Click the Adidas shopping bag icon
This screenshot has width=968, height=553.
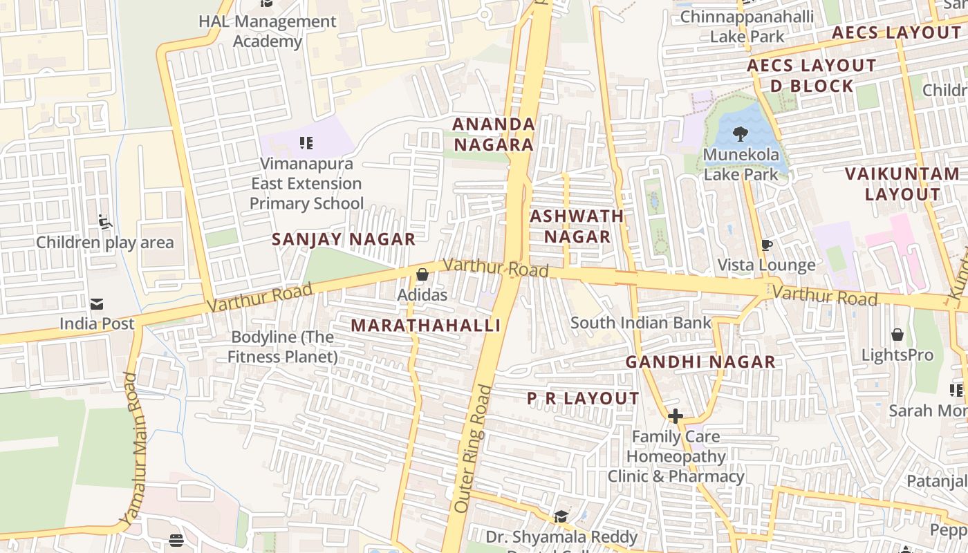click(x=422, y=275)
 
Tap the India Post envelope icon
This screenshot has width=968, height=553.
click(x=97, y=304)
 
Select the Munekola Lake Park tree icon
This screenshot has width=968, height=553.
click(x=741, y=134)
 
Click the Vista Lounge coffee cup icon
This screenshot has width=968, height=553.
click(x=766, y=245)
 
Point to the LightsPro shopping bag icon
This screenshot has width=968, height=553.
click(x=897, y=335)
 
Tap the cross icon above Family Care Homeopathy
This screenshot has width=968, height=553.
click(x=676, y=416)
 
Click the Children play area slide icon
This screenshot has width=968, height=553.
click(x=105, y=222)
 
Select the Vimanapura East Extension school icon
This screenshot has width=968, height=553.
click(x=306, y=143)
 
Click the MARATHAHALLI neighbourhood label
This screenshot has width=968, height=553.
click(x=425, y=326)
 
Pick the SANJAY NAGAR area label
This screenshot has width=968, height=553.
click(x=343, y=240)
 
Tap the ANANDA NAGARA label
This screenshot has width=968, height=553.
click(x=493, y=135)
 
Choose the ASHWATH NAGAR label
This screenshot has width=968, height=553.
click(x=577, y=227)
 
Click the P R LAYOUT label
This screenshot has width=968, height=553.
click(x=583, y=399)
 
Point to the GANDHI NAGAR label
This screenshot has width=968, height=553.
click(x=700, y=362)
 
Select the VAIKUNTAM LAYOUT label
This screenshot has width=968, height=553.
click(x=902, y=184)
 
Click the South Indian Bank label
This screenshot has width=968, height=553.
click(x=640, y=323)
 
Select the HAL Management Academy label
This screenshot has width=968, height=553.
click(x=267, y=31)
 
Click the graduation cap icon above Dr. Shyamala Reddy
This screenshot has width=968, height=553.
click(x=561, y=516)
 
